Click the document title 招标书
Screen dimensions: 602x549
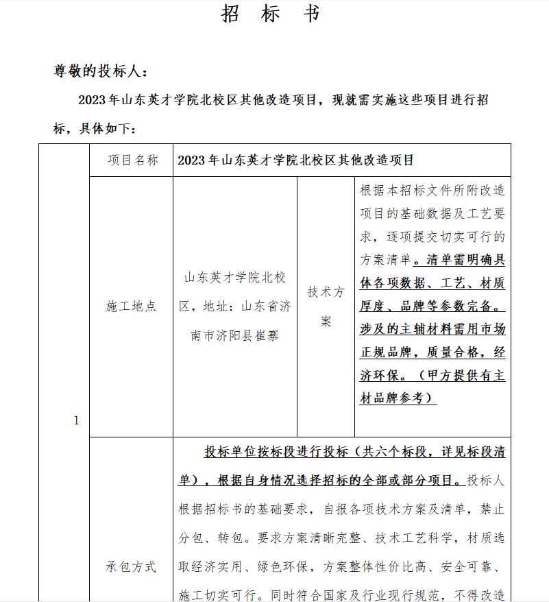click(271, 14)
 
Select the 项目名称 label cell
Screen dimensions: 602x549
click(132, 160)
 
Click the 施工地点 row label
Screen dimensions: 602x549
click(131, 306)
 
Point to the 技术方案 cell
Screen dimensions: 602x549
click(326, 306)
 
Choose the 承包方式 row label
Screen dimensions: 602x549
click(131, 566)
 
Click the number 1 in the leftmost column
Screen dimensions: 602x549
click(76, 420)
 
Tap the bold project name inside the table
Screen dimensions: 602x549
click(296, 160)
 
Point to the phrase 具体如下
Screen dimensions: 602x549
click(108, 129)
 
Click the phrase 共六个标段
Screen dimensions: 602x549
click(393, 453)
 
